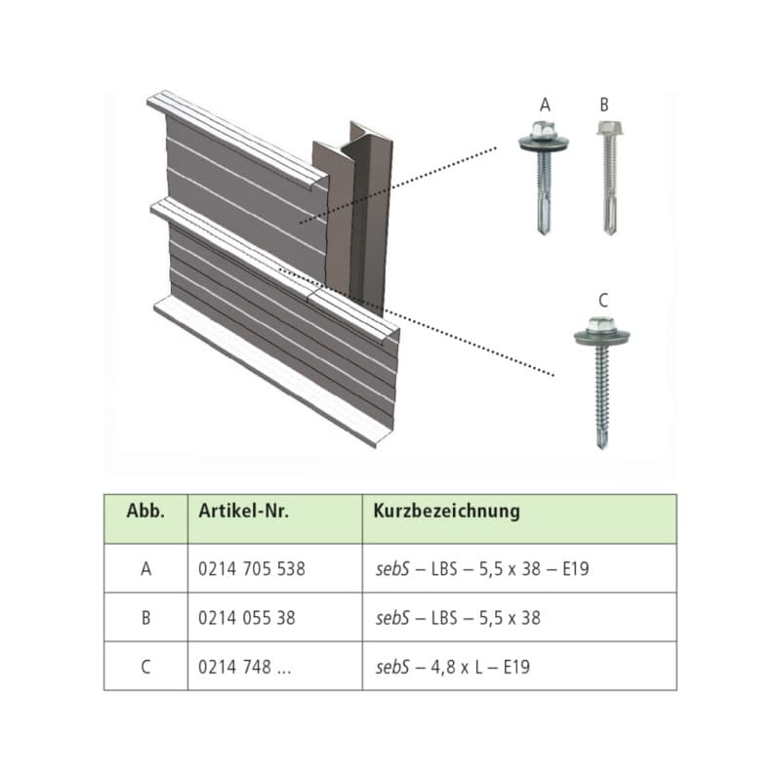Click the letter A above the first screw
coord(545,105)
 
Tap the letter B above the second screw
coord(604,105)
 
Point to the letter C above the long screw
coord(603,301)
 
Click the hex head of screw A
coord(544,131)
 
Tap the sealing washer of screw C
coord(601,336)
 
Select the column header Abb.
coord(145,511)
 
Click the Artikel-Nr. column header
coord(243,511)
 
